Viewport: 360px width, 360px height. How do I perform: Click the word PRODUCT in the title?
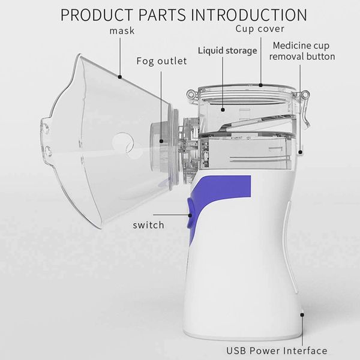[x=97, y=15]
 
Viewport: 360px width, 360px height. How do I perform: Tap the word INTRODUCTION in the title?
[x=249, y=15]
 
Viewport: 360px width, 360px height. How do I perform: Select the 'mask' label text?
[x=122, y=31]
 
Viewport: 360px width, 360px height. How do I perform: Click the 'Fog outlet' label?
[x=161, y=61]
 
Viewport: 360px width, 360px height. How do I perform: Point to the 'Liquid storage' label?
[x=227, y=51]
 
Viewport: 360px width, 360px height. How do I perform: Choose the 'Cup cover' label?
[x=260, y=29]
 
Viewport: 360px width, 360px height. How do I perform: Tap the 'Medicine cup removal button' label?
[x=302, y=51]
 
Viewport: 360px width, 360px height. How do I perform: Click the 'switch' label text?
[x=149, y=225]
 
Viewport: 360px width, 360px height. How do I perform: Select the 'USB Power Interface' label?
[x=277, y=350]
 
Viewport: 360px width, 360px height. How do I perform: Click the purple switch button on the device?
[x=191, y=213]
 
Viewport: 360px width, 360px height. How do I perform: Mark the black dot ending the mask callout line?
[x=119, y=77]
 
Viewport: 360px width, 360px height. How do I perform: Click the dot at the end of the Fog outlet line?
[x=161, y=141]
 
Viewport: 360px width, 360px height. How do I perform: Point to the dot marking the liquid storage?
[x=223, y=110]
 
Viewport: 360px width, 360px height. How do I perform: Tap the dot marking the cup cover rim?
[x=260, y=85]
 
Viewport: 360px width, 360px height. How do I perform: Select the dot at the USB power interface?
[x=302, y=315]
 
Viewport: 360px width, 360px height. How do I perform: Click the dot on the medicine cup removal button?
[x=300, y=152]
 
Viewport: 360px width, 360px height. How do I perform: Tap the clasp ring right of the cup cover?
[x=305, y=94]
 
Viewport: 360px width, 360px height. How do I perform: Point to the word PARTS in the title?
[x=162, y=15]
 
